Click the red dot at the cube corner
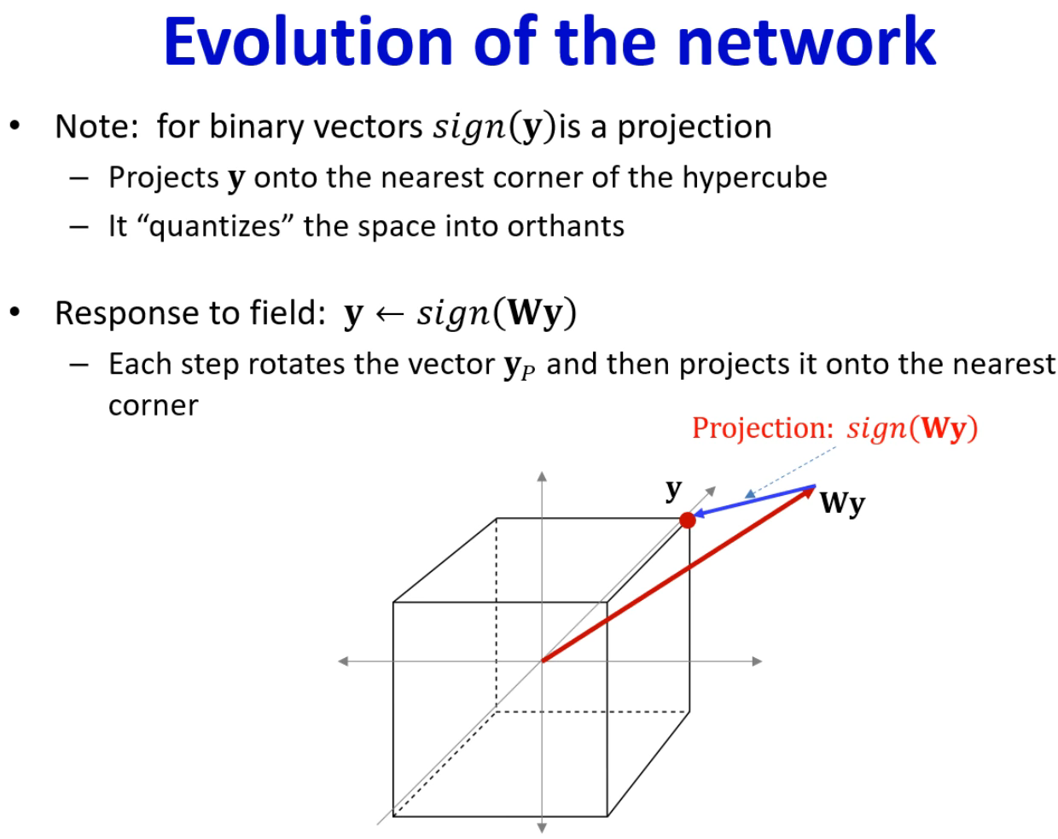[687, 520]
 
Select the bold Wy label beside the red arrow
[842, 504]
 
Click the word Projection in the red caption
[763, 428]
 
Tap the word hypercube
[754, 179]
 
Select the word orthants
[566, 226]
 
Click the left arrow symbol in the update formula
[389, 314]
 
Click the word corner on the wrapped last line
[154, 406]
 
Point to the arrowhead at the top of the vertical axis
[542, 476]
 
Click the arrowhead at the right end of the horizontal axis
[757, 661]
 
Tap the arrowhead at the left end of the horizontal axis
[343, 661]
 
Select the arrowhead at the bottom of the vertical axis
[542, 828]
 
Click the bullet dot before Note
[15, 125]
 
